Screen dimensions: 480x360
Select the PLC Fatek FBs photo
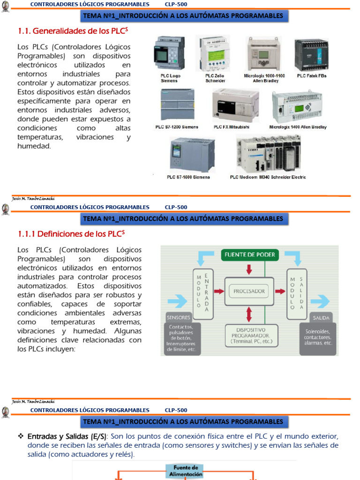[x=311, y=54]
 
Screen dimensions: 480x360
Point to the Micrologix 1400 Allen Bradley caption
[x=298, y=127]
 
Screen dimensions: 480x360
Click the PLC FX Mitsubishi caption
[x=232, y=127]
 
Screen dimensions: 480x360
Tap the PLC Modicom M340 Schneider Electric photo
[x=268, y=154]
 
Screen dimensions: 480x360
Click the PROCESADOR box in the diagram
[x=248, y=291]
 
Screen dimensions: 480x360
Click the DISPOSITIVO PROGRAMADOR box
[x=248, y=336]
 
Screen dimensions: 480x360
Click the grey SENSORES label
[x=179, y=317]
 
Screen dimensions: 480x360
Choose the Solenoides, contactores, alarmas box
[x=318, y=337]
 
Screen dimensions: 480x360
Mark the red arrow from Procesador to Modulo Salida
[x=280, y=291]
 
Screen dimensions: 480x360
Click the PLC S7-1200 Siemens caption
[x=177, y=127]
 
